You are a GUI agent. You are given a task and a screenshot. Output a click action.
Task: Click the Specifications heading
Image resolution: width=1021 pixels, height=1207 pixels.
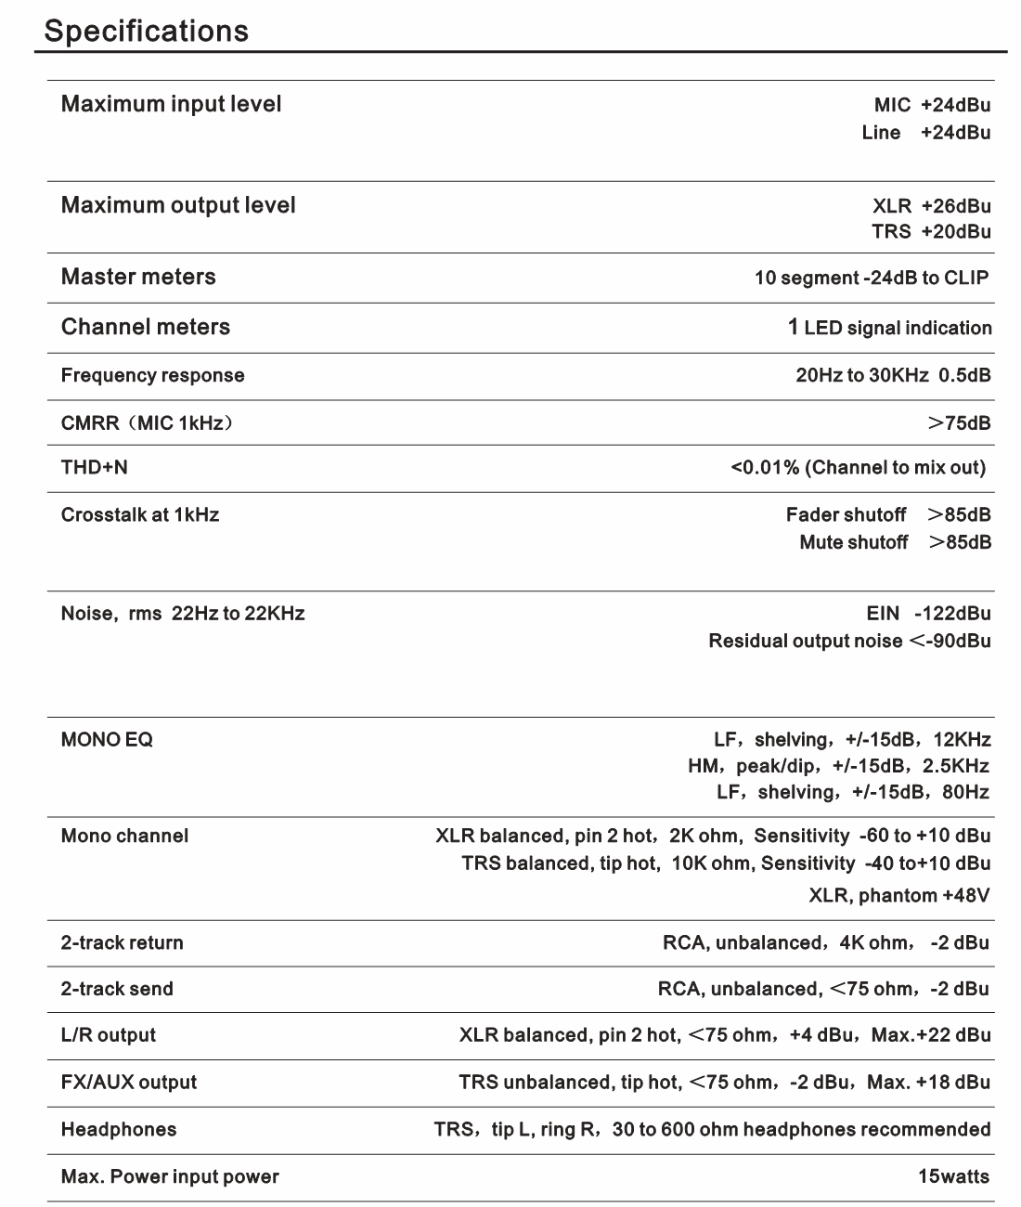point(147,31)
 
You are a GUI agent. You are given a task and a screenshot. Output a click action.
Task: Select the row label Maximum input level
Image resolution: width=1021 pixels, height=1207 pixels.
point(171,104)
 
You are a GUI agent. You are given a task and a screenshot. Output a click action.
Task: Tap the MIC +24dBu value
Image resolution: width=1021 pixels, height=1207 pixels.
point(932,105)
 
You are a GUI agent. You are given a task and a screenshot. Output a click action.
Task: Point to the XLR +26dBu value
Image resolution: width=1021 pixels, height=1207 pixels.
point(932,206)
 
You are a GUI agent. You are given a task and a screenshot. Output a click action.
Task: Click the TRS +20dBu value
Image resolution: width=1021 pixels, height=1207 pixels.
point(931,231)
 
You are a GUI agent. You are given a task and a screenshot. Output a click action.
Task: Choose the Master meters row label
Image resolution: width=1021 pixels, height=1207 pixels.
point(138,277)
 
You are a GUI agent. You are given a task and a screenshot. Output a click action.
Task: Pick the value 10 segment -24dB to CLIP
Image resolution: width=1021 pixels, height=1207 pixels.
point(872,278)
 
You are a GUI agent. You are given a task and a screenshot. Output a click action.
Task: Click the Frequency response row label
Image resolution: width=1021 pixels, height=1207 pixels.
point(153,375)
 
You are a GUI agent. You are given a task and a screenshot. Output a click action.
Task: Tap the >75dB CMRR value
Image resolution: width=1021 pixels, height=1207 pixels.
point(959,423)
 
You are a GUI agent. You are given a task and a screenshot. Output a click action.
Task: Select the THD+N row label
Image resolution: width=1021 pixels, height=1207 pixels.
point(95,467)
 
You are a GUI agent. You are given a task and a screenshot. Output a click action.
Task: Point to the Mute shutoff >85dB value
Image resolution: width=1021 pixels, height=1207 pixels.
point(895,542)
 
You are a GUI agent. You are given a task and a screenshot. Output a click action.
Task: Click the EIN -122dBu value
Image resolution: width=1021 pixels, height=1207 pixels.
point(928,613)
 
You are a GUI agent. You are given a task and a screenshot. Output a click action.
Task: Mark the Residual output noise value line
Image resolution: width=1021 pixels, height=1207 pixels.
point(849,641)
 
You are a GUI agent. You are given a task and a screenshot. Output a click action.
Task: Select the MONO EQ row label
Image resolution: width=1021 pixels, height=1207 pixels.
point(108,739)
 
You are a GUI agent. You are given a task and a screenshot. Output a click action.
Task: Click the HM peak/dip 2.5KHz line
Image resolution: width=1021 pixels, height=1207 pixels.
point(838,766)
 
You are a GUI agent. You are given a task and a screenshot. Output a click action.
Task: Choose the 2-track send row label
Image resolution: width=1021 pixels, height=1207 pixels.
point(117,989)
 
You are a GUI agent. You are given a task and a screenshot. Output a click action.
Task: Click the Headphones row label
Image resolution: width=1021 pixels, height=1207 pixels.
point(119,1129)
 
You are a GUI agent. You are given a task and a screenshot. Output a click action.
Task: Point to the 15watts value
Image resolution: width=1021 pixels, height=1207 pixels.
point(953,1176)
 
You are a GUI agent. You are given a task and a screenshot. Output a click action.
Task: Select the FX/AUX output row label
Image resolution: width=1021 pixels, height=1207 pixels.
point(129,1082)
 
